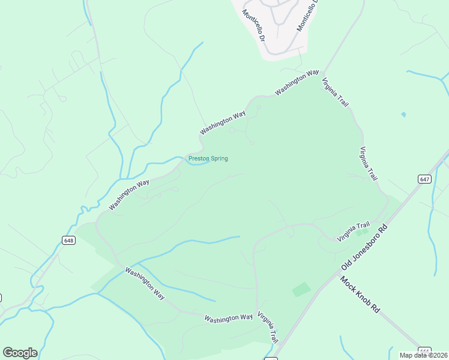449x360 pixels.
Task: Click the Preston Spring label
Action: (x=208, y=158)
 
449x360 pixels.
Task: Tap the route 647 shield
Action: (x=424, y=179)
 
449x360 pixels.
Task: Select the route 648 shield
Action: (x=68, y=240)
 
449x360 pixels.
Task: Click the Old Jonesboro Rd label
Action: (x=365, y=247)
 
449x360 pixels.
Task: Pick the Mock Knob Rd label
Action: (x=360, y=294)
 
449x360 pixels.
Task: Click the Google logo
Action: (x=20, y=352)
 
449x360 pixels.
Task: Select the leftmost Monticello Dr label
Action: (x=253, y=25)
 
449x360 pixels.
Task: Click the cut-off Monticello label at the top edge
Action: (x=308, y=16)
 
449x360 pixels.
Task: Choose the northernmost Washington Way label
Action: (x=297, y=83)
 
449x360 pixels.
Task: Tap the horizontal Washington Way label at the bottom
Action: (x=228, y=317)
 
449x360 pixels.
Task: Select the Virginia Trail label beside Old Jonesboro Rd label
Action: (x=353, y=231)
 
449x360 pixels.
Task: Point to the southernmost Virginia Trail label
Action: (x=268, y=326)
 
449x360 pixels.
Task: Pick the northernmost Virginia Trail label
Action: (x=335, y=92)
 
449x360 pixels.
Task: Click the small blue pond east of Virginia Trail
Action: (x=403, y=114)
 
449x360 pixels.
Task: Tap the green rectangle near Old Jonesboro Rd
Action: (x=301, y=290)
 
